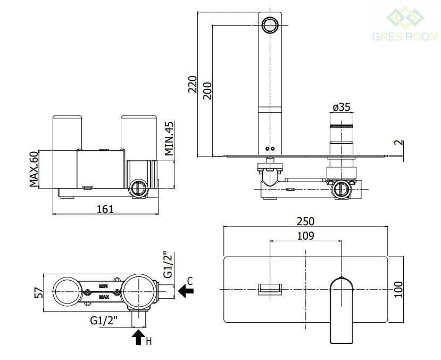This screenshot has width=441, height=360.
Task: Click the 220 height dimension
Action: click(x=193, y=84)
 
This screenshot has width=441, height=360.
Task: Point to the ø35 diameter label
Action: click(x=341, y=107)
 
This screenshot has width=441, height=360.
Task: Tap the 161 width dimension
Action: click(x=105, y=209)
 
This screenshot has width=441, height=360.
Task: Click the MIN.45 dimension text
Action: click(x=169, y=138)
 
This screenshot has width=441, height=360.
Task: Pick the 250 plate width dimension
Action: click(x=305, y=220)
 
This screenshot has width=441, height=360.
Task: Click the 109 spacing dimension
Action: click(x=305, y=235)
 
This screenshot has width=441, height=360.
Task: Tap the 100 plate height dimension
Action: click(x=400, y=289)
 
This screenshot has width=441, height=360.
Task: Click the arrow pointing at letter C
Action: click(x=186, y=291)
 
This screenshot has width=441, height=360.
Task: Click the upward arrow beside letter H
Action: click(x=138, y=337)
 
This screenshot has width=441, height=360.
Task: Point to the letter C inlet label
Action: click(x=190, y=279)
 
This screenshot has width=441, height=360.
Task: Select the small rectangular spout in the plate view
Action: click(x=271, y=289)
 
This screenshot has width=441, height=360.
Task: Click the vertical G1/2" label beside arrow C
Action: click(x=168, y=265)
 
